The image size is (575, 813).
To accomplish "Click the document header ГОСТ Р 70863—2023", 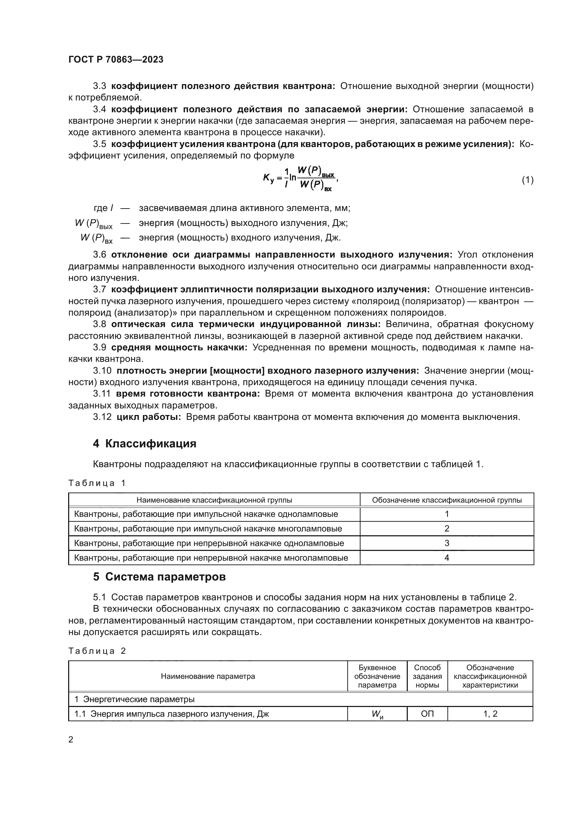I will point(116,59).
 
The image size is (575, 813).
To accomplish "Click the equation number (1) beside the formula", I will point(527,180).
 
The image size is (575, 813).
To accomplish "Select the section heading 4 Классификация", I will point(145,444).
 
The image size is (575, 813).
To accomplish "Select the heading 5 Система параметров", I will point(159,577).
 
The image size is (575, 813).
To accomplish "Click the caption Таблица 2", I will point(97,651).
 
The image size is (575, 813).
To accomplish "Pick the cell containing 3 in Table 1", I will point(446,543).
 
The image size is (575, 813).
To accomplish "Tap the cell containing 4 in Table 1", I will point(446,558).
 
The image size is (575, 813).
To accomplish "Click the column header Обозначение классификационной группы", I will point(446,500).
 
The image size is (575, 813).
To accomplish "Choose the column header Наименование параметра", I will point(208,676).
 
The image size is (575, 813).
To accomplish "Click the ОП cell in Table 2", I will point(427,714).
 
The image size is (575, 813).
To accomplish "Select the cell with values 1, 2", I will point(490,714).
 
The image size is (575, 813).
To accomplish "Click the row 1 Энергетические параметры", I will point(135,699).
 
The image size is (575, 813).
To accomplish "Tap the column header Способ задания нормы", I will point(427,676).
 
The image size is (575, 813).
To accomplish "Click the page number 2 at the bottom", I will point(71,740).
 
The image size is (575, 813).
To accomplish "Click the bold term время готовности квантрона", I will point(188,394).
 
